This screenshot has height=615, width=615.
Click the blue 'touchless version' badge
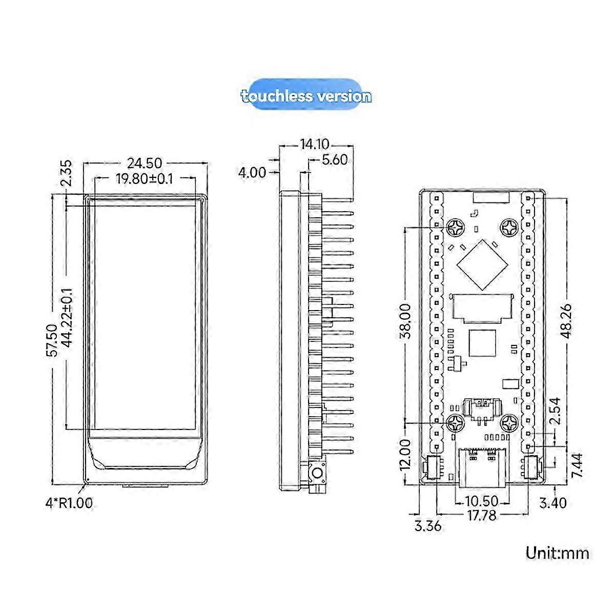click(x=306, y=96)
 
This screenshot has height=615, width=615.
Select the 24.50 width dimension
click(x=145, y=163)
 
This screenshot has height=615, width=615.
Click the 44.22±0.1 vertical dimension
click(x=67, y=319)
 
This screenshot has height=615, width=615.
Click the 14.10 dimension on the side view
click(x=315, y=144)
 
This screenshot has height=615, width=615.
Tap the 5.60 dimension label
click(x=334, y=160)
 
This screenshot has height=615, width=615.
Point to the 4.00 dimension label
click(x=252, y=173)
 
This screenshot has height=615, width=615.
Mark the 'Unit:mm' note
click(x=557, y=553)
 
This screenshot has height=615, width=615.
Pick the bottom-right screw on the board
click(x=511, y=423)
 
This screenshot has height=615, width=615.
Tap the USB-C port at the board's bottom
click(x=482, y=466)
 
